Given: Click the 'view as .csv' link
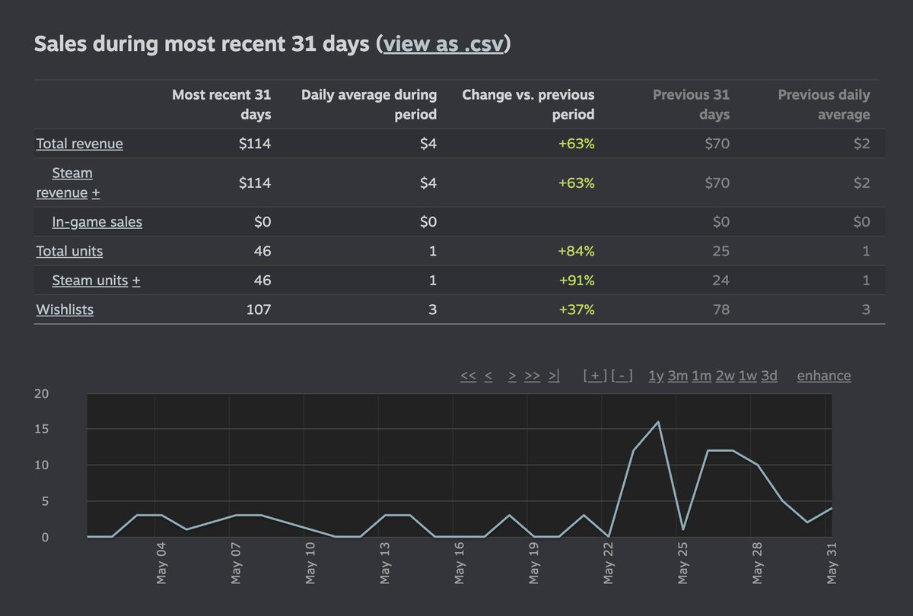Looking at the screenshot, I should point(443,44).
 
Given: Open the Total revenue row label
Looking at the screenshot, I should point(79,144).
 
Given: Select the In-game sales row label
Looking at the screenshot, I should point(97,222).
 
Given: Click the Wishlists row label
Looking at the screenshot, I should point(65,310).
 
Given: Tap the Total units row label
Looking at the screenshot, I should point(69,251).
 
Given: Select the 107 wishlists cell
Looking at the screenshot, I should point(257,310).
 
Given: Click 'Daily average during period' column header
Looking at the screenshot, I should point(369,105).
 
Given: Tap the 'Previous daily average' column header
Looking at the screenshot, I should point(824,105).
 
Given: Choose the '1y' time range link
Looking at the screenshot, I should point(655,376).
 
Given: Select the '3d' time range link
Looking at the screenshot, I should point(769,376).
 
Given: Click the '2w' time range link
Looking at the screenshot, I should point(724,376).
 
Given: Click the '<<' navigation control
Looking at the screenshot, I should point(468,376).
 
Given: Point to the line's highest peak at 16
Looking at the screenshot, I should point(657,422).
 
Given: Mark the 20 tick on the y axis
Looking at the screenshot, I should point(42,394).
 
